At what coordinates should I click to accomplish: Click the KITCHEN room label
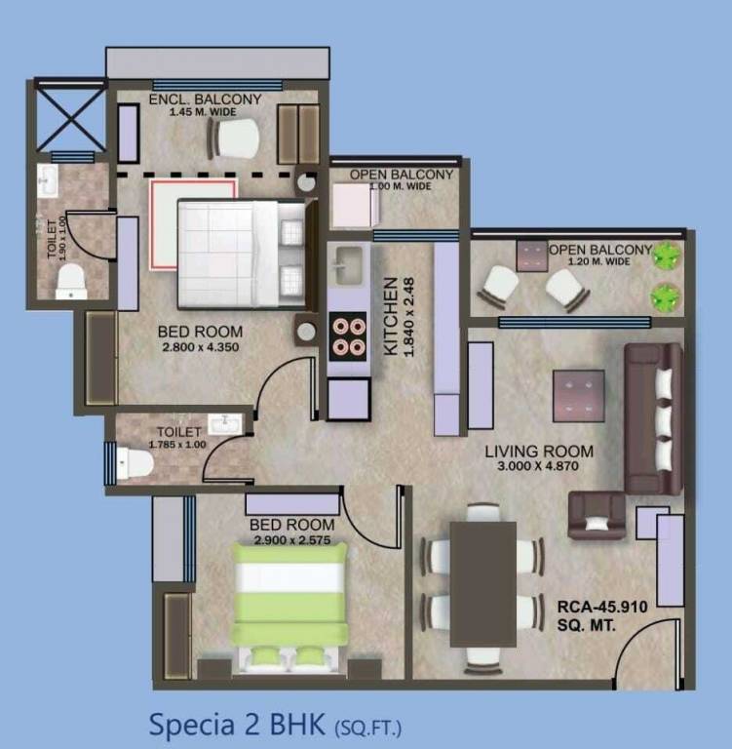point(390,316)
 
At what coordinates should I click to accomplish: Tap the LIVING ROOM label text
point(540,452)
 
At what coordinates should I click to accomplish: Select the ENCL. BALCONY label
point(206,99)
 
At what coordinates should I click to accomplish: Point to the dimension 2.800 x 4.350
point(199,347)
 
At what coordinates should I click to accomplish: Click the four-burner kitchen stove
point(347,336)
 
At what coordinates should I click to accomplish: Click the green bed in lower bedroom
point(289,604)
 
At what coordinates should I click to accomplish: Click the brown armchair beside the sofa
point(596,515)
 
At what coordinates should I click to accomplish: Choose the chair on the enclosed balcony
point(234,138)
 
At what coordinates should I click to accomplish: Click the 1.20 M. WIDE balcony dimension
point(601,262)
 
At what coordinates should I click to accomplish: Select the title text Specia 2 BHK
point(239,725)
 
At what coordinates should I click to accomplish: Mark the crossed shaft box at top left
point(70,119)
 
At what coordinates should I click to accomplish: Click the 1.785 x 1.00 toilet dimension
point(175,445)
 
